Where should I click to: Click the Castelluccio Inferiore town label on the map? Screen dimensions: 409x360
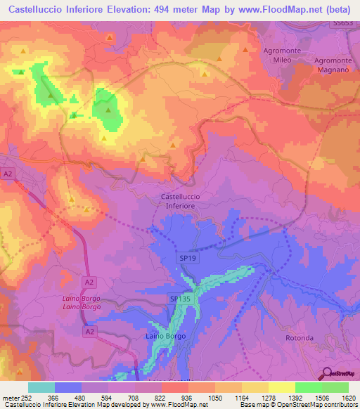[x=181, y=201]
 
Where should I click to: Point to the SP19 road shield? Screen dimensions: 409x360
[x=185, y=259]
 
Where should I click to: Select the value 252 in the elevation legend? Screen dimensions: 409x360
[x=27, y=397]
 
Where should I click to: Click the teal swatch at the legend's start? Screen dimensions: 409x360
[x=41, y=387]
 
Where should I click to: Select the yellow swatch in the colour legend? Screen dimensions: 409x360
[x=281, y=387]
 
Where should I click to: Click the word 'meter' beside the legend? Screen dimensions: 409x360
[x=10, y=397]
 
